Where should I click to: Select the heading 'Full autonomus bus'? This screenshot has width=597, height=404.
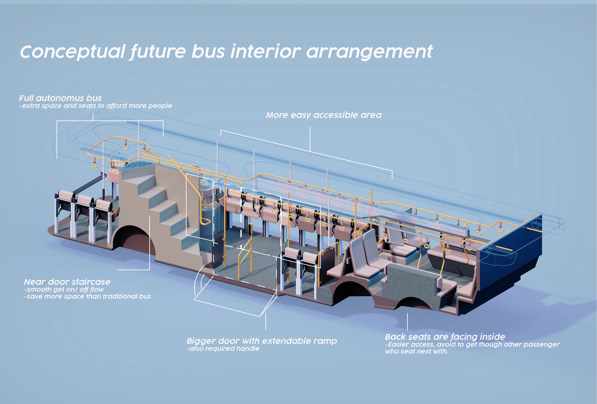pos(60,98)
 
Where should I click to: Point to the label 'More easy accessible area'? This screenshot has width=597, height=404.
pos(324,115)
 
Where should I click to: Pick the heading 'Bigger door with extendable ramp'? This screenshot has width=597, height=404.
pos(261,341)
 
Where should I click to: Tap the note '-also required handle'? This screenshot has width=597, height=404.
pos(223,349)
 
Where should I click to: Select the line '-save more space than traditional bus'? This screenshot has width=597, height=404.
pos(87,296)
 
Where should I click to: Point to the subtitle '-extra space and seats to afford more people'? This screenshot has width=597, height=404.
pos(96,106)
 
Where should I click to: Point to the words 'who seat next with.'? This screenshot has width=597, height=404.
pos(416,351)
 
